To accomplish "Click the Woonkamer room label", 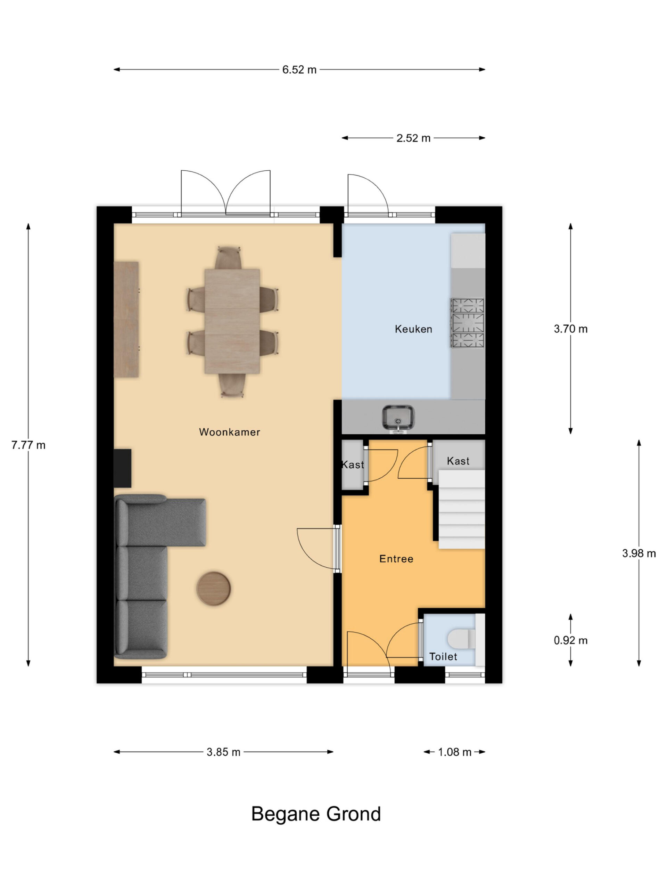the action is [230, 432].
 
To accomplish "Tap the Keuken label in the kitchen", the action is [413, 329].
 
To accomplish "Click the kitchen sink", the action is [398, 419].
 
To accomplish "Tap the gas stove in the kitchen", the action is [468, 323].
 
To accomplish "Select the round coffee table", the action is [214, 588].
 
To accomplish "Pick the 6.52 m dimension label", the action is [299, 70].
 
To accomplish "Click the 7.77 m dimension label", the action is [28, 445].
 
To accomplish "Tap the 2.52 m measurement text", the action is [413, 138].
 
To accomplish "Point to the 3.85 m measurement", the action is [223, 752].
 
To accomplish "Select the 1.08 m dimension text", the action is [454, 752].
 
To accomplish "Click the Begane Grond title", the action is [316, 814].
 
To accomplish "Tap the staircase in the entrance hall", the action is [462, 509].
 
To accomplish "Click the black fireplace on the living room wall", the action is [123, 468].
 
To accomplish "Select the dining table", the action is [232, 321].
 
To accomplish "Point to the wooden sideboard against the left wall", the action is [126, 319].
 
